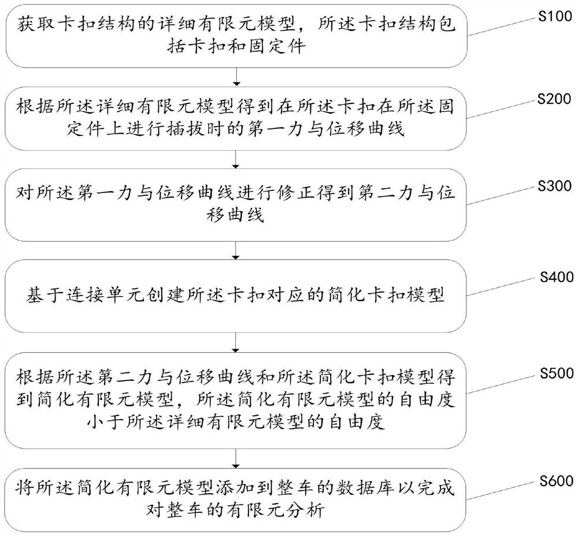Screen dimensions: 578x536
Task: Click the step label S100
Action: tap(555, 17)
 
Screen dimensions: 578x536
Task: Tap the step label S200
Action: tap(554, 99)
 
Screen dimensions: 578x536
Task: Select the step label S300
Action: tap(554, 186)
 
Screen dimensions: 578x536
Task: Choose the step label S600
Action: tap(557, 481)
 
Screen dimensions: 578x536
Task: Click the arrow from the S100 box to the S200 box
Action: tap(236, 77)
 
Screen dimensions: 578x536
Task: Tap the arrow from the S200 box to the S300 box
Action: tap(236, 160)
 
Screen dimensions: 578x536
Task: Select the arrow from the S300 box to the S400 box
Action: tap(236, 251)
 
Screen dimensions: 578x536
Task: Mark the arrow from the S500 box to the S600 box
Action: tap(236, 458)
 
